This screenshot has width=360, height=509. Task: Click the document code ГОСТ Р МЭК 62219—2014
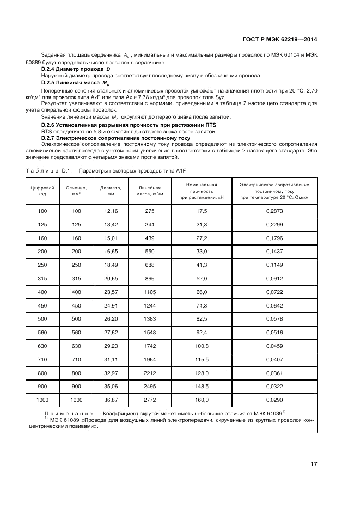(x=278, y=40)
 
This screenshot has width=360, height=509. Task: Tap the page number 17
(x=314, y=464)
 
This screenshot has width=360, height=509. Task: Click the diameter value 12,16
(x=111, y=210)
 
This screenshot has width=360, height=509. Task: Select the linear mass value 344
(x=150, y=224)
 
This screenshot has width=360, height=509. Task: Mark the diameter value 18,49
(x=111, y=265)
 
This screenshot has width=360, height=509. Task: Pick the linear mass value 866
(x=150, y=279)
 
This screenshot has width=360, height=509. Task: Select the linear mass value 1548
(x=150, y=332)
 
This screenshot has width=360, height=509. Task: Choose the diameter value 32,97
(x=111, y=373)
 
